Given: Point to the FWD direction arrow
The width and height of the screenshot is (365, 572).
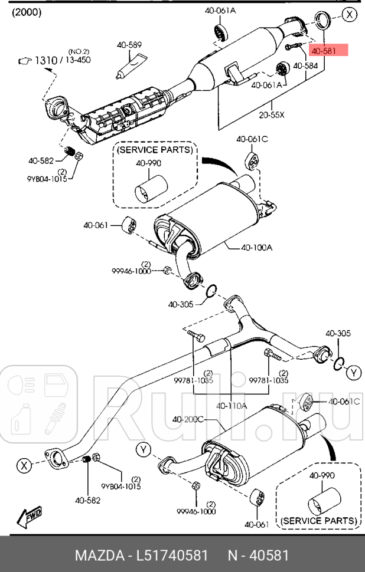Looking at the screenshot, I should [x=30, y=517].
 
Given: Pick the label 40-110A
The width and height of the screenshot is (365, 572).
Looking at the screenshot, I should [x=231, y=406].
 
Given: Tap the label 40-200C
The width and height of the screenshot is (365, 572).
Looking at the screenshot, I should [x=188, y=419].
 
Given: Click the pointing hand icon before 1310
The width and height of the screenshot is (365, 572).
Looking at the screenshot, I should [x=24, y=60].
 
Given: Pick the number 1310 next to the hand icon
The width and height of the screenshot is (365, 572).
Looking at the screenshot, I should [x=45, y=60].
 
